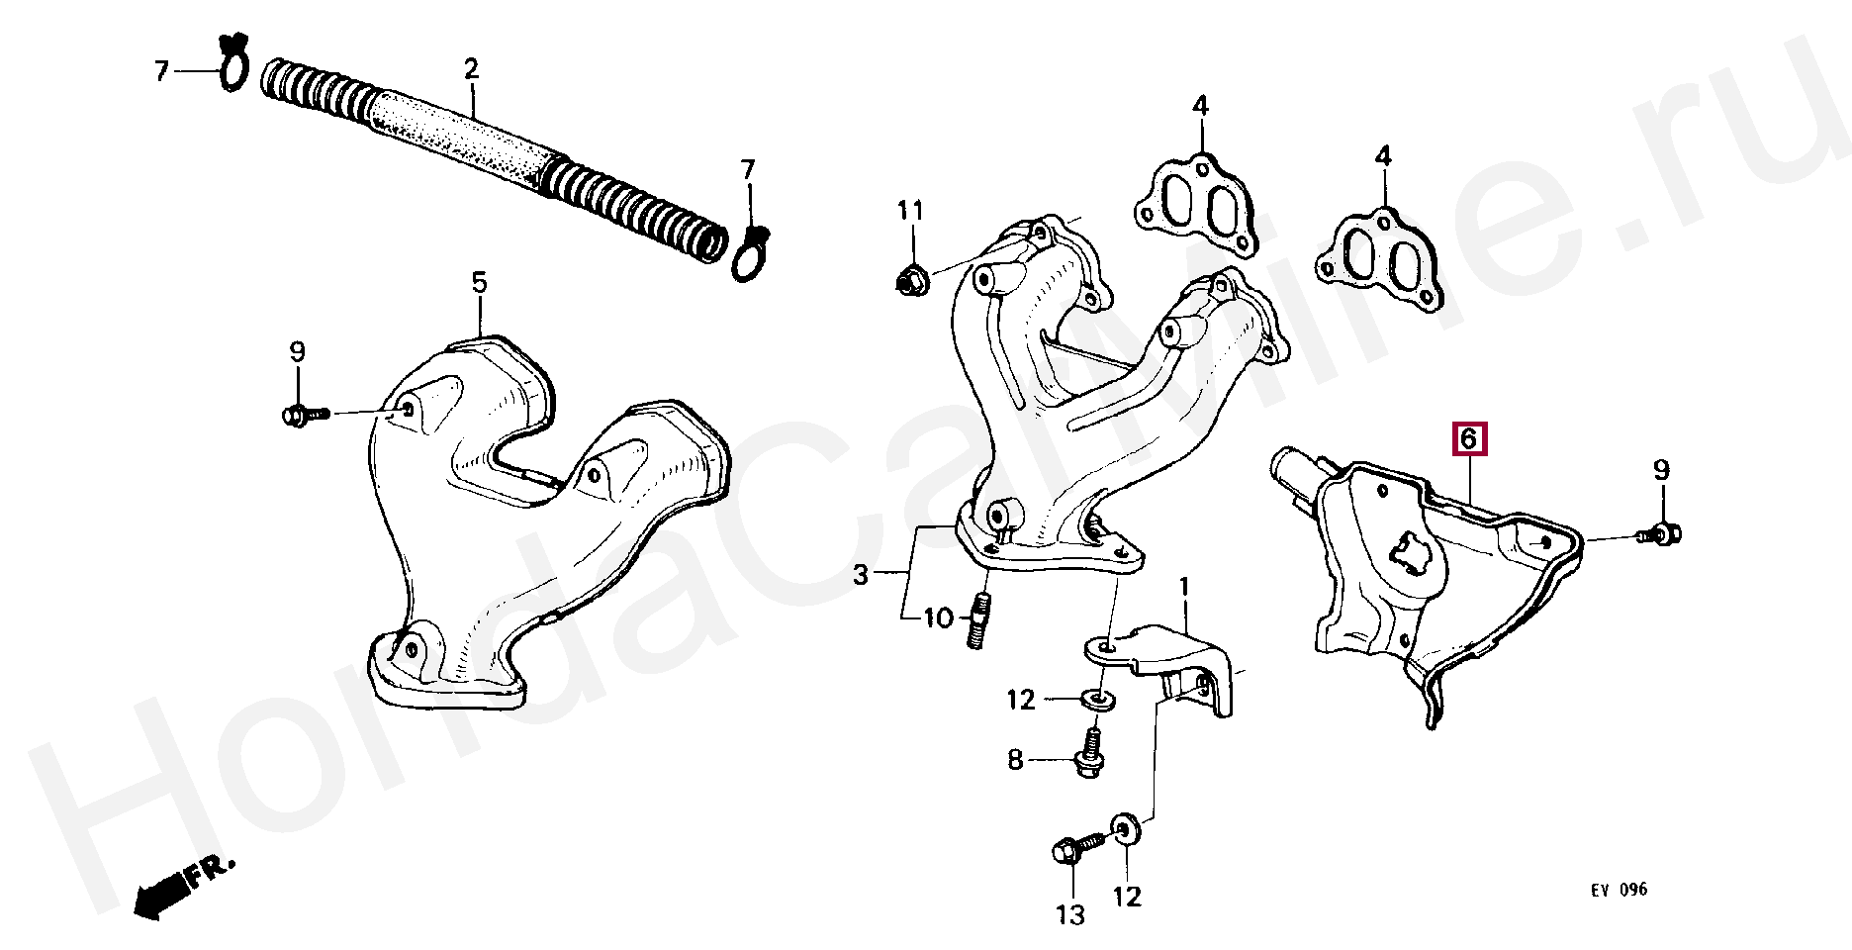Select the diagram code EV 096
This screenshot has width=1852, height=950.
pyautogui.click(x=1619, y=890)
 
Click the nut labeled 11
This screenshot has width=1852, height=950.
pyautogui.click(x=910, y=280)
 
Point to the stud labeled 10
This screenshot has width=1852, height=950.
pyautogui.click(x=976, y=621)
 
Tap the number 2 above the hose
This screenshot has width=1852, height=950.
pyautogui.click(x=471, y=69)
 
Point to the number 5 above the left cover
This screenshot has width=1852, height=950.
pyautogui.click(x=479, y=284)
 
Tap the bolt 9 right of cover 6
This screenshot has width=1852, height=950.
pyautogui.click(x=1662, y=535)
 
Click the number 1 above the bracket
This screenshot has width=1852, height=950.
pyautogui.click(x=1183, y=591)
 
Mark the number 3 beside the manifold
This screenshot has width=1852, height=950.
pyautogui.click(x=861, y=574)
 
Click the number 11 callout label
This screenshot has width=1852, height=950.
pyautogui.click(x=910, y=210)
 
